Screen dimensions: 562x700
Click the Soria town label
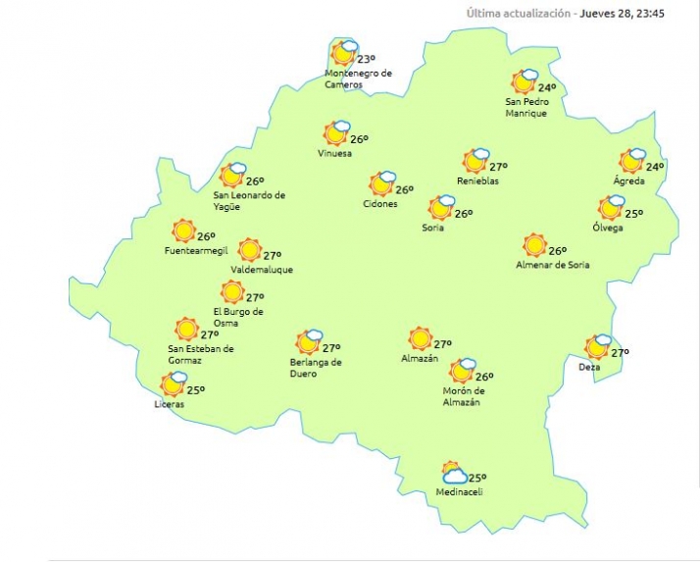431,229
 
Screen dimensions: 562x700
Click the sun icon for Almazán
421,338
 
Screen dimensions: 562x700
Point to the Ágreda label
628,181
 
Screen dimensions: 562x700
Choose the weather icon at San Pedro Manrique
525,81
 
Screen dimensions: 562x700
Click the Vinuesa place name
334,154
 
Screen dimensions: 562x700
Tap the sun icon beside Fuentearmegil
183,230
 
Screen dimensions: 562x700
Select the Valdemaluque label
262,270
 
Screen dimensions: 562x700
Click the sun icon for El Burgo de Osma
232,291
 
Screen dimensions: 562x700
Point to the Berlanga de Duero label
316,368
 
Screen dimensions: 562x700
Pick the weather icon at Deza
597,347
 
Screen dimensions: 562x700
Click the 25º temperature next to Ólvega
634,214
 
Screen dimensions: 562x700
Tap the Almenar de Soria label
553,265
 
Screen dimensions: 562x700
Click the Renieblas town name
477,181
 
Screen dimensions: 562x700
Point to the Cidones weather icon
381,183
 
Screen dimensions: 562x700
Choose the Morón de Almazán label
463,397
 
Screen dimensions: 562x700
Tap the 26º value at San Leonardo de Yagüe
255,181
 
